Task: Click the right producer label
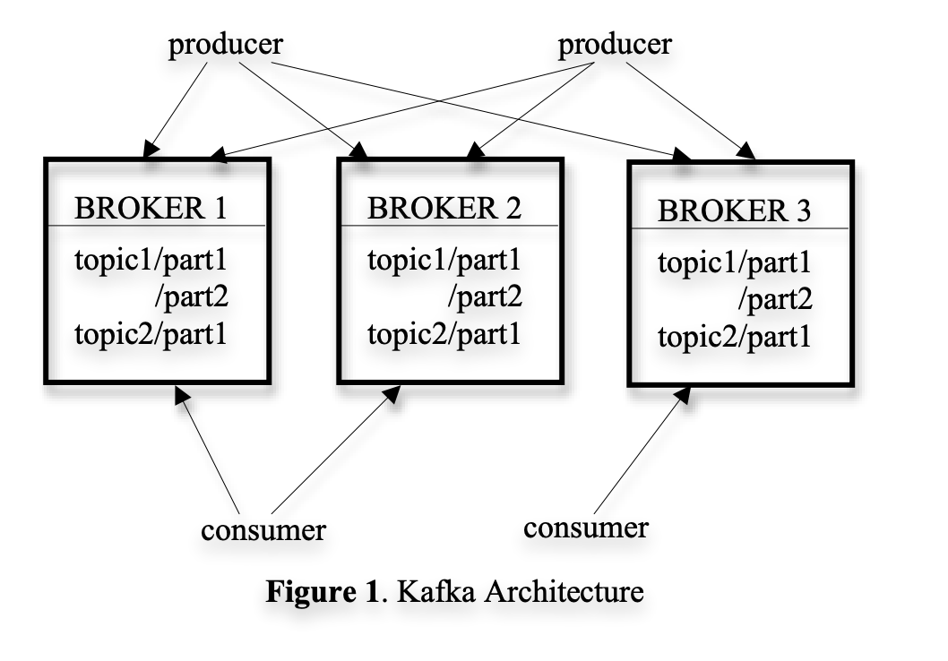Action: [x=615, y=45]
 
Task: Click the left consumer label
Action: [x=263, y=529]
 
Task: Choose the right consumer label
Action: [x=585, y=528]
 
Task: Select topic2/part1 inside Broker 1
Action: [x=151, y=335]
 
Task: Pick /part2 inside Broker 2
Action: [x=485, y=298]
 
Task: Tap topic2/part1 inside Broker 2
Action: [x=444, y=335]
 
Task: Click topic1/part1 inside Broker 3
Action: [x=735, y=264]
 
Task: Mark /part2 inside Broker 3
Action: [x=775, y=301]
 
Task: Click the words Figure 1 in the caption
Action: [x=320, y=592]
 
